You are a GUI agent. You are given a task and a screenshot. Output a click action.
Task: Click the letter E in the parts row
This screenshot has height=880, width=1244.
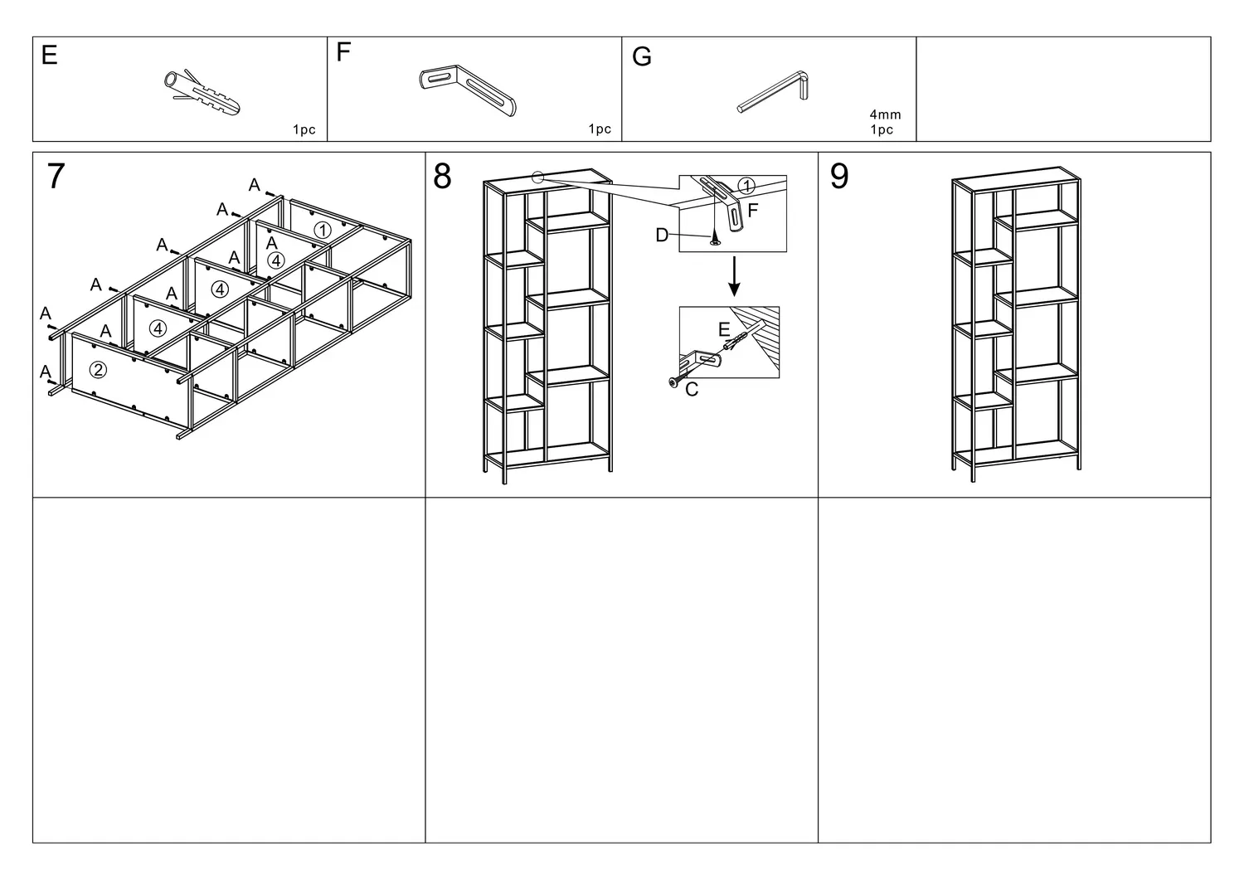click(50, 56)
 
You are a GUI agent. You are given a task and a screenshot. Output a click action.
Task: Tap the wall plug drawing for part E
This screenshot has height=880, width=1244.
click(202, 92)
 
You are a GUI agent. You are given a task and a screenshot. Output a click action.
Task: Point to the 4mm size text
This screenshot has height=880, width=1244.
click(885, 114)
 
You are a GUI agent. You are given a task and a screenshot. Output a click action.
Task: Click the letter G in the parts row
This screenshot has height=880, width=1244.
click(641, 57)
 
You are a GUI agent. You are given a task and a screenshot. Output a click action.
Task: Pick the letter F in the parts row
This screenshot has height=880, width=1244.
click(344, 53)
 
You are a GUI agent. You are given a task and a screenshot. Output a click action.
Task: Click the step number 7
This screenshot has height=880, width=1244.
click(56, 177)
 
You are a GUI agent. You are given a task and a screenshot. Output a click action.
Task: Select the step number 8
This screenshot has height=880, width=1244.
click(443, 177)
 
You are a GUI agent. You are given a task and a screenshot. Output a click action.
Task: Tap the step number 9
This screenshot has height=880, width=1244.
click(839, 177)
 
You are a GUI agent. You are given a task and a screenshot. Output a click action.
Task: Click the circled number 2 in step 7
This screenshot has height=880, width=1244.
click(98, 369)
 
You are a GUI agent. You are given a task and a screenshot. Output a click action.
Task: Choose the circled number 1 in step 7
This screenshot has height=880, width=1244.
click(322, 230)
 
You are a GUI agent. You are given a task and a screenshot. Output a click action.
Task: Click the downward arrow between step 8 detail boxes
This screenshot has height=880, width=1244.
click(733, 279)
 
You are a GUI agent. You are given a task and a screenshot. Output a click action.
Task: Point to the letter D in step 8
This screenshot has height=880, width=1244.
click(661, 236)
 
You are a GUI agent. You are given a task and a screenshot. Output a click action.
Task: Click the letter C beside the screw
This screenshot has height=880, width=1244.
click(692, 390)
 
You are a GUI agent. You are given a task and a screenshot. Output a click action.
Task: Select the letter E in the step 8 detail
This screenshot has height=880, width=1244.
click(723, 330)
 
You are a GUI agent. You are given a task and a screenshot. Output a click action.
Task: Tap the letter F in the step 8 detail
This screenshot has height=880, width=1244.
click(753, 211)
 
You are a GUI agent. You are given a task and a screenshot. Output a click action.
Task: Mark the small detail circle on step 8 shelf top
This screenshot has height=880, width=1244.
click(537, 177)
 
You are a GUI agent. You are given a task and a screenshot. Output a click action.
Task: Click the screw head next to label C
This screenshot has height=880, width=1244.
click(673, 382)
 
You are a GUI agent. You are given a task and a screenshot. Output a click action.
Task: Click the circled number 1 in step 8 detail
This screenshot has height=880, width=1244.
click(746, 186)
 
